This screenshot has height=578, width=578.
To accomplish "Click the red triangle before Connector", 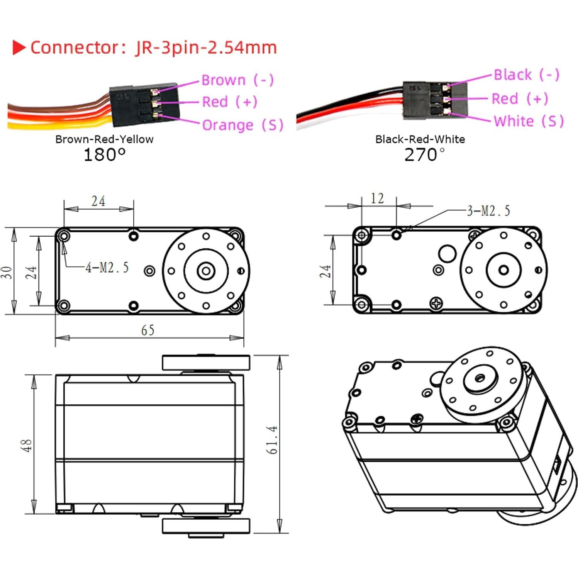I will [19, 47].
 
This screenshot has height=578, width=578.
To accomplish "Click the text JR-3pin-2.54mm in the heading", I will [206, 47].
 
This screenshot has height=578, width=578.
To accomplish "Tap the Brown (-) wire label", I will [237, 80].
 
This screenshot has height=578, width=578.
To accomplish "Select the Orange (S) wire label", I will [242, 125].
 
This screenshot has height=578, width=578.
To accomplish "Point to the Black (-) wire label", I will [526, 75].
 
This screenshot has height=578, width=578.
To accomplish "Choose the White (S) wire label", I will [529, 121].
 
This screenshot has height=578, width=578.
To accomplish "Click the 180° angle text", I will [104, 155].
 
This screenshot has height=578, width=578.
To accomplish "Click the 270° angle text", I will [424, 155].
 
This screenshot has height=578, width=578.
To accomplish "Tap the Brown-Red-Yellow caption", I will [104, 139].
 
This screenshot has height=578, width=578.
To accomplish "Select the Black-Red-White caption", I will [420, 139].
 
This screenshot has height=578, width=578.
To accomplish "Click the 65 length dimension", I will [147, 330].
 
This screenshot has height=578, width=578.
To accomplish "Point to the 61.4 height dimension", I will [272, 440].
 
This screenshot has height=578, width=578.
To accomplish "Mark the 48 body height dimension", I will [26, 445].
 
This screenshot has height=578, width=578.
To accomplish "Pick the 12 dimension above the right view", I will [377, 198].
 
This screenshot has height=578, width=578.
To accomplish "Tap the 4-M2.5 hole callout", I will [107, 267].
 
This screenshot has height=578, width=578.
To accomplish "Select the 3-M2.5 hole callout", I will [488, 211].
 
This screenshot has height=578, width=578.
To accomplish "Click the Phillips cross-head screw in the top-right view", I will [436, 303].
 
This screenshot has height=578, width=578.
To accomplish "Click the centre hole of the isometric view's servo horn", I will [480, 378].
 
